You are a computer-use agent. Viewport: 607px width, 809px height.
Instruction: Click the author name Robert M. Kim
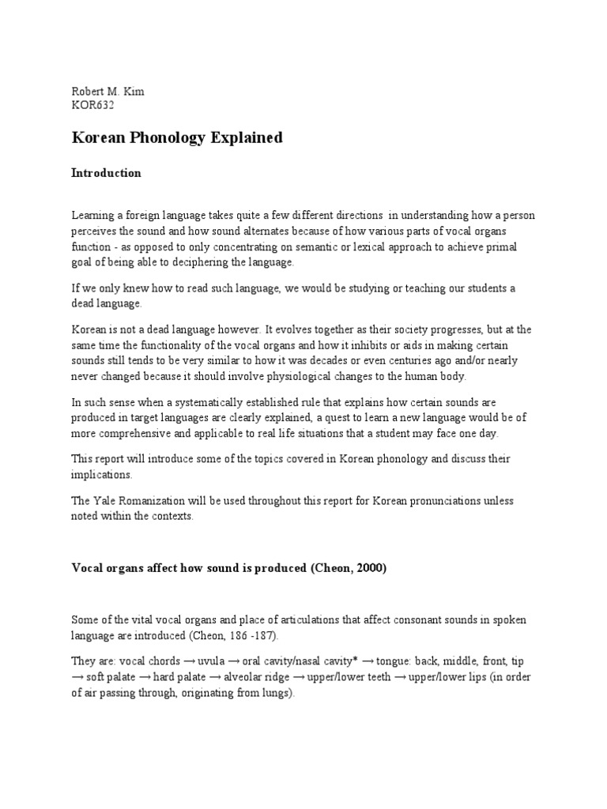[107, 92]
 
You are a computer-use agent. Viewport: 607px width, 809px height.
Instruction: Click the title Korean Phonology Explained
[177, 138]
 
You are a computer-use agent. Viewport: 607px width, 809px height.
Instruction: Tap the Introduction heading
[106, 173]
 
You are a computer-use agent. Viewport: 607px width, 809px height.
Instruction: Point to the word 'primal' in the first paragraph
[497, 248]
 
